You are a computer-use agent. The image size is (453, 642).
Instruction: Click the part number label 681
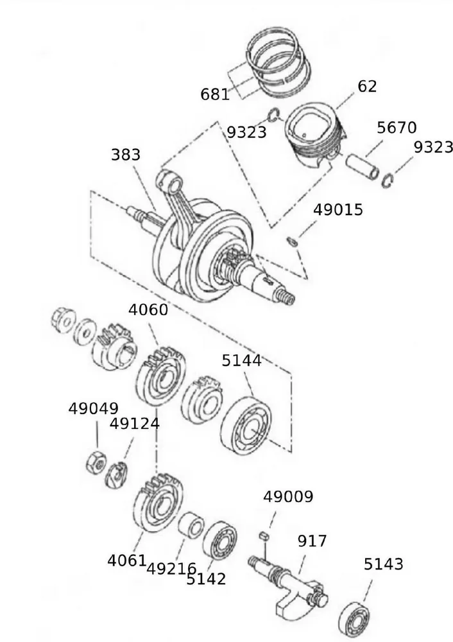pos(215,94)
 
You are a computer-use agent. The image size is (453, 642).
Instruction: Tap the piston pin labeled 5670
pos(363,166)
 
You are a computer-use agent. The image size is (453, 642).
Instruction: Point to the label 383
pos(126,155)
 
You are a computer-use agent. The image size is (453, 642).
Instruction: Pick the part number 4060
pos(148,310)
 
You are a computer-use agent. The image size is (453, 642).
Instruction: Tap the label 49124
pos(135,424)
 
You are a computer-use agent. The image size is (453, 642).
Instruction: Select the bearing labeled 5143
pos(356,618)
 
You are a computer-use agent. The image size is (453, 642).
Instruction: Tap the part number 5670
pos(397,127)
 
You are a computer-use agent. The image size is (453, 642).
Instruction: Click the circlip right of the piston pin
pos(387,181)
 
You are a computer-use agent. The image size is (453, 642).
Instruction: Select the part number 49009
pos(288,496)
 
